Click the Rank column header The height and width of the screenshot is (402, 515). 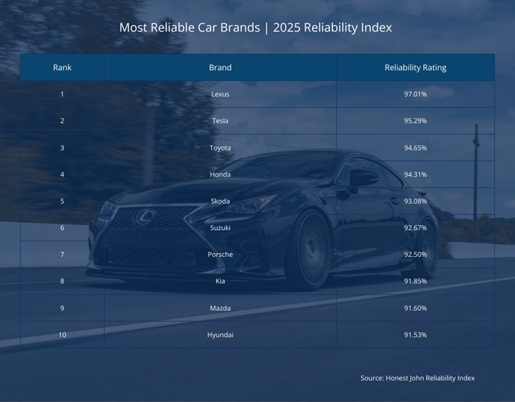point(62,68)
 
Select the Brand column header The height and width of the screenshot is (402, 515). point(220,68)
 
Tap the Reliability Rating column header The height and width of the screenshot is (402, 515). point(415,68)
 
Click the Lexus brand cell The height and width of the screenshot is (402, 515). point(220,95)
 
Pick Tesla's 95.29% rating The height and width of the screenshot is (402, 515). point(415,121)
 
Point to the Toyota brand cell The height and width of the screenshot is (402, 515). point(220,148)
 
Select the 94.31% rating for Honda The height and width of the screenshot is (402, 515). point(415,175)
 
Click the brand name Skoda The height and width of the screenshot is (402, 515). point(220,201)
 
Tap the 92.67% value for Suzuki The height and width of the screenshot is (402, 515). point(415,228)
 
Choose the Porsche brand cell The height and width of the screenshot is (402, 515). point(220,255)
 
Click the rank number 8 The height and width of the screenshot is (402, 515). point(62,281)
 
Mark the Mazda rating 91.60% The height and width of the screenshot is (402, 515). point(415,308)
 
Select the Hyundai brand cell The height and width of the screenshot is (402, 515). point(220,335)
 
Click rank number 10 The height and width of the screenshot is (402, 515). point(62,335)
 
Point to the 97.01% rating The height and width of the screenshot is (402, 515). point(415,95)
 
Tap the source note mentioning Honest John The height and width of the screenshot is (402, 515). point(417,378)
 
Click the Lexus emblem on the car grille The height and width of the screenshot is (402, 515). point(145,218)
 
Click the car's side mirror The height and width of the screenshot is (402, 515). point(362,178)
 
